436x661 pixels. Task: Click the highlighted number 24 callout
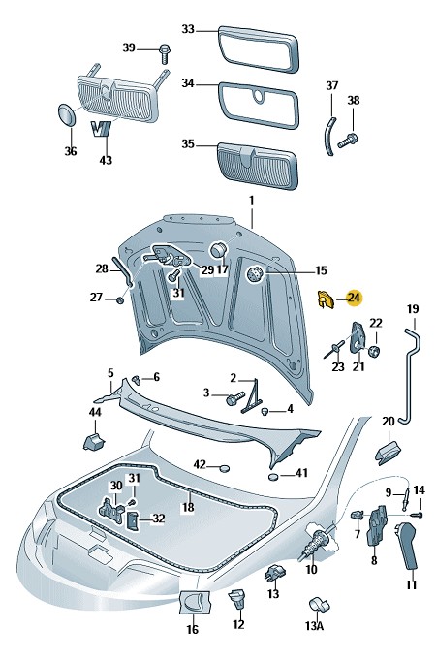coord(354,299)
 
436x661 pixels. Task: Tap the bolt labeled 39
coord(165,53)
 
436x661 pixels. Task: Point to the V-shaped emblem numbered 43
coord(102,129)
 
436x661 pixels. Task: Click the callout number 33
coord(188,29)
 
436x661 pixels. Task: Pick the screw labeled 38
coord(348,141)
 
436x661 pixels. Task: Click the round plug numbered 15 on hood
coord(255,274)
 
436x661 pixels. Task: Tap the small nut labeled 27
coord(120,300)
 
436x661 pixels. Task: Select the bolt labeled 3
coord(235,398)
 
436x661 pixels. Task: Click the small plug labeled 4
coord(265,410)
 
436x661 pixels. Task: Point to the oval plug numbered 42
coord(224,467)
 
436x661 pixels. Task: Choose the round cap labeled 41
coord(274,477)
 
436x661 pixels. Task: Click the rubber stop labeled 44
coord(94,441)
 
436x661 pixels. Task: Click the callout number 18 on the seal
coord(188,507)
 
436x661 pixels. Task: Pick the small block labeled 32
coord(133,520)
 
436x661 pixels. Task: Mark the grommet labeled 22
coord(374,350)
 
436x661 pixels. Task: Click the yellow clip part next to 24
coord(325,299)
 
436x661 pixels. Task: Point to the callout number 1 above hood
coord(252,200)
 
